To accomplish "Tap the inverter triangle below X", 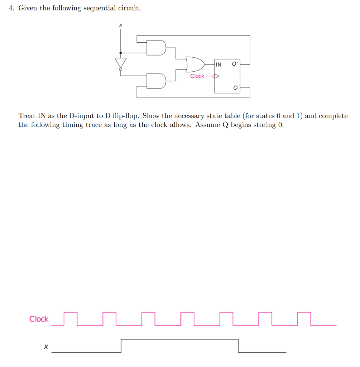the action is pos(120,63).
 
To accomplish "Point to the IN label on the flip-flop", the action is pos(219,65).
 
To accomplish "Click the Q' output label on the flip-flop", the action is pos(235,65).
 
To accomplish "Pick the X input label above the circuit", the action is pos(120,25).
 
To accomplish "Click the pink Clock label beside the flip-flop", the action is pos(197,76).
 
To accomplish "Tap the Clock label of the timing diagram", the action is pos(39,319).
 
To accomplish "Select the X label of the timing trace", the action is pos(45,347).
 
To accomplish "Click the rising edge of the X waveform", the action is pos(121,345).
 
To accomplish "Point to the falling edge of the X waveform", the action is pos(238,345).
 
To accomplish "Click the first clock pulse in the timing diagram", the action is pos(71,318).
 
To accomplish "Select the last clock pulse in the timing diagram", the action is pos(304,318).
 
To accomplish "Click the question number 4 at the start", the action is pos(11,8).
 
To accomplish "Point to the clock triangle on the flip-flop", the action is pos(216,76).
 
